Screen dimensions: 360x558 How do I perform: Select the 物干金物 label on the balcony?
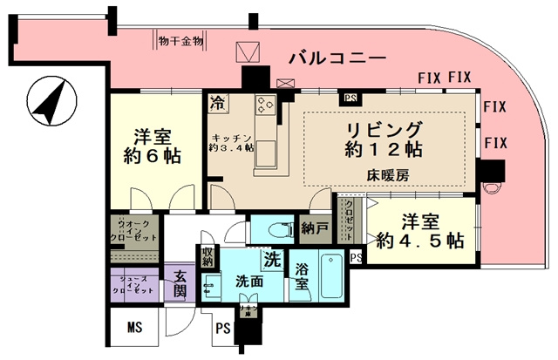click(181, 40)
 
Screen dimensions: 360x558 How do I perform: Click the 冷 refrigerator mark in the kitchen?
click(217, 103)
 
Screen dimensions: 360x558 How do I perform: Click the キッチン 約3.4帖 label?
click(231, 142)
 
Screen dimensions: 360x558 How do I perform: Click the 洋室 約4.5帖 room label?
click(420, 231)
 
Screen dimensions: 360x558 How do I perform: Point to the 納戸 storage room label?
click(314, 229)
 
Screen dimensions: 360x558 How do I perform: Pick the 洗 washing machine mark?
click(272, 259)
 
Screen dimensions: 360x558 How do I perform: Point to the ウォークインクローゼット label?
click(134, 231)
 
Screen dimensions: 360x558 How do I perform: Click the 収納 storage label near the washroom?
click(208, 256)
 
